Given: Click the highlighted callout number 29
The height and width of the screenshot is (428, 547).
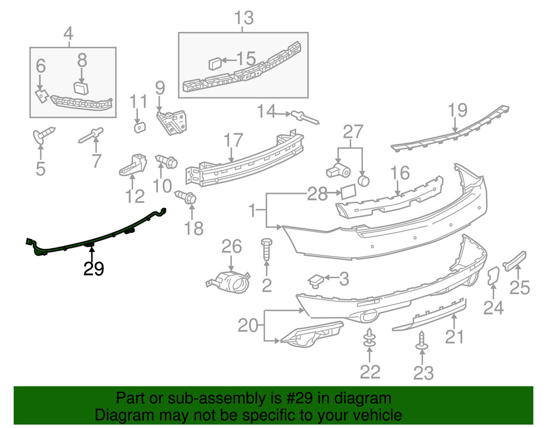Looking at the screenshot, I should [93, 269].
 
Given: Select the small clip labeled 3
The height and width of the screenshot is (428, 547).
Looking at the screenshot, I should [316, 280].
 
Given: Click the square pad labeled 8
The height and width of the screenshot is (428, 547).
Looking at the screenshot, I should [81, 88].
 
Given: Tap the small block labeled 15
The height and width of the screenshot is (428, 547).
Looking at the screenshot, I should [215, 63].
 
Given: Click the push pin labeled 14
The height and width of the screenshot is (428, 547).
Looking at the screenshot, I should [305, 117].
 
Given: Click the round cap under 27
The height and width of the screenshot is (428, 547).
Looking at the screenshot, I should [364, 180].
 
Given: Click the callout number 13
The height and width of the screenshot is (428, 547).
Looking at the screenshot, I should [244, 18].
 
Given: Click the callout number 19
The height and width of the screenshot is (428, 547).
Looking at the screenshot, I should [458, 111].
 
